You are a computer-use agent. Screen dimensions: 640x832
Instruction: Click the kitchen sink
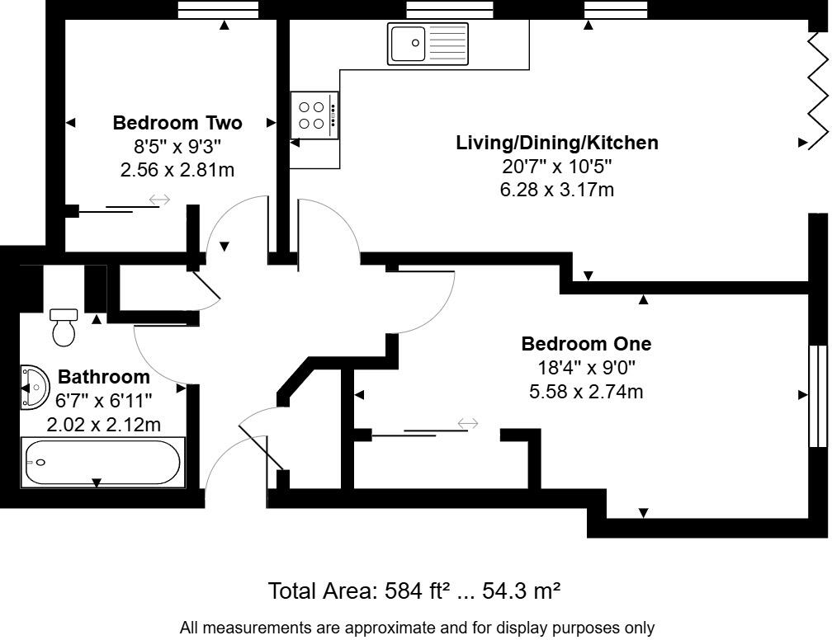(428, 43)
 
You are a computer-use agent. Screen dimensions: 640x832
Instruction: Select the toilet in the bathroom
(64, 327)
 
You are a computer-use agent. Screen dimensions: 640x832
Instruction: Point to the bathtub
(102, 463)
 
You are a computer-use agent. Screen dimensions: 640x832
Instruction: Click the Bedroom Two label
(177, 124)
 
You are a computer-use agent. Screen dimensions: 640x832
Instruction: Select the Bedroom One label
(586, 343)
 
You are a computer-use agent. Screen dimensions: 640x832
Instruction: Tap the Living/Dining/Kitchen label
(557, 143)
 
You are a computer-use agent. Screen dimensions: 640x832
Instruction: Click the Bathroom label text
(104, 378)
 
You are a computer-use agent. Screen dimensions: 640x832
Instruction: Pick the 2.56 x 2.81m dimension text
(177, 170)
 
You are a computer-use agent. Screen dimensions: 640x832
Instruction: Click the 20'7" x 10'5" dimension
(557, 167)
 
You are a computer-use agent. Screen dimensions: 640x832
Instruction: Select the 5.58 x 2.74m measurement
(586, 391)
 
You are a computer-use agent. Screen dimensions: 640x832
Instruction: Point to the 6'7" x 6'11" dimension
(104, 402)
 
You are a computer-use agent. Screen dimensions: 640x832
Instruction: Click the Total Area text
(323, 591)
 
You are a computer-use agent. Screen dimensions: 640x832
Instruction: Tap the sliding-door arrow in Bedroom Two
(159, 200)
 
